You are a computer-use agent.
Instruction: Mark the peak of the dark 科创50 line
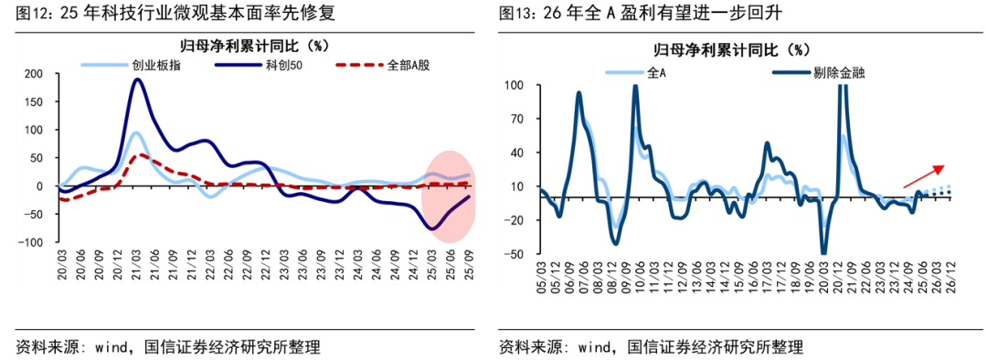tap(137, 79)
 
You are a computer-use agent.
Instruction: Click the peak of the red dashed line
tap(137, 155)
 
